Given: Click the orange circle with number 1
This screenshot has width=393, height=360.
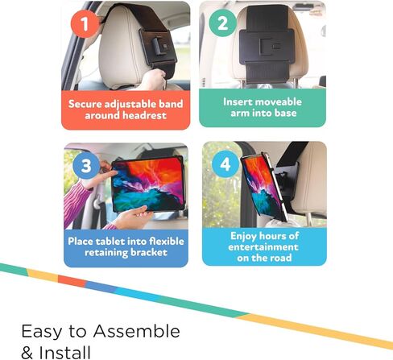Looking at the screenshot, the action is pos(85,23).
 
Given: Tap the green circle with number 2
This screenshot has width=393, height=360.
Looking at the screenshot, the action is pos(223,23).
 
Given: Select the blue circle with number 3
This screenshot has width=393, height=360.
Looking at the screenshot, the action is pos(86,165).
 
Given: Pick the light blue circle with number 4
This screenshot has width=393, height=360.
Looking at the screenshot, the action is pos(225,163).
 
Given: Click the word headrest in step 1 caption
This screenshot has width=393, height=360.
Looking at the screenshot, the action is pos(144,116).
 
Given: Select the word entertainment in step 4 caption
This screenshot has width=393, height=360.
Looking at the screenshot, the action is pos(263,247).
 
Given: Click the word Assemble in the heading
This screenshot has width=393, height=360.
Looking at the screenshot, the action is pos(137,331).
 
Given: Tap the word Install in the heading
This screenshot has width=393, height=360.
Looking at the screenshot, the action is pos(64,353).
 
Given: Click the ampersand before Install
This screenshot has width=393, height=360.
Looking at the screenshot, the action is pos(27,353).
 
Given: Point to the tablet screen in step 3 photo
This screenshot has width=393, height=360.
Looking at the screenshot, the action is pos(148,184).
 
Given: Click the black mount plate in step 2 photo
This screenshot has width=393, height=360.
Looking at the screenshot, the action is pos(267,46).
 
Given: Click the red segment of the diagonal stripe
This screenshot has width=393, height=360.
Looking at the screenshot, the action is pos(72,281).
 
